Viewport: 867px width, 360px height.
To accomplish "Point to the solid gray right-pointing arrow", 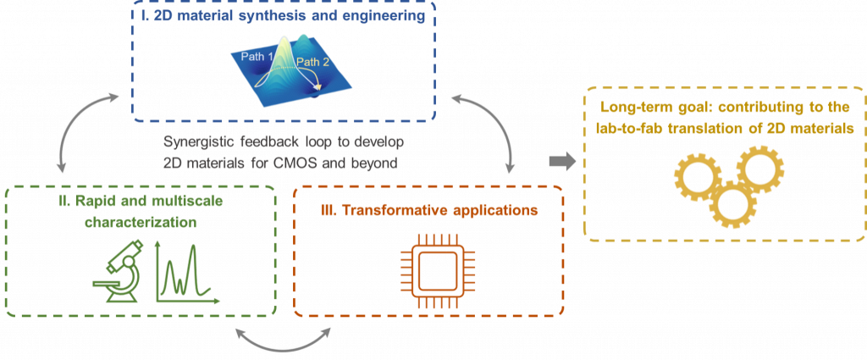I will tap(558, 160).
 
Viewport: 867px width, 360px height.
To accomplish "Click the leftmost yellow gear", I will tap(696, 179).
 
